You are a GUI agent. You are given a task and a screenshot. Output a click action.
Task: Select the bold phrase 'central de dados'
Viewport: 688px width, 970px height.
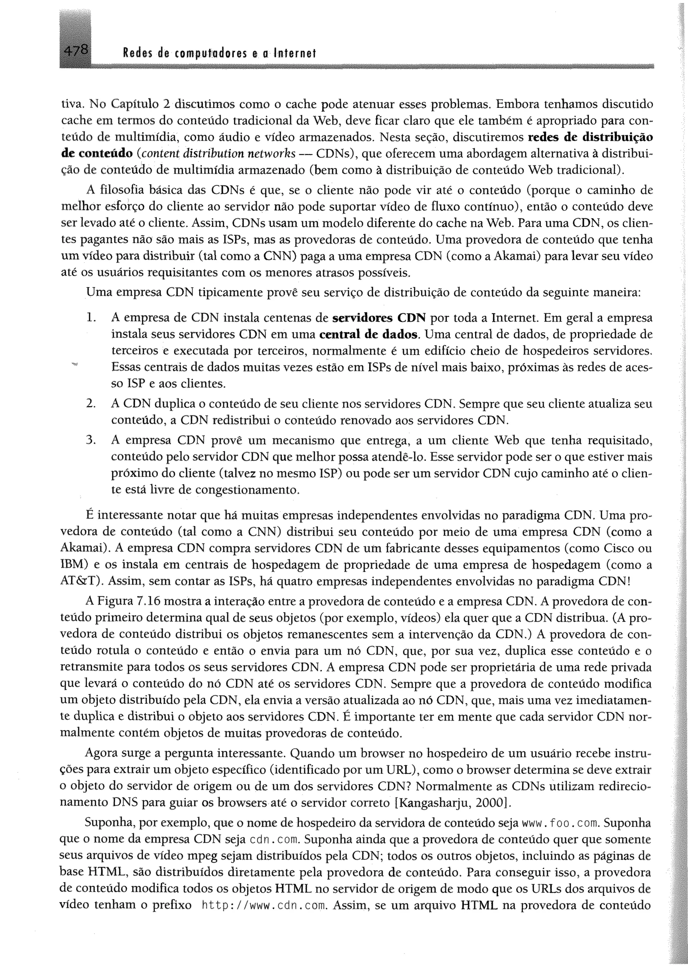pos(369,334)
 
